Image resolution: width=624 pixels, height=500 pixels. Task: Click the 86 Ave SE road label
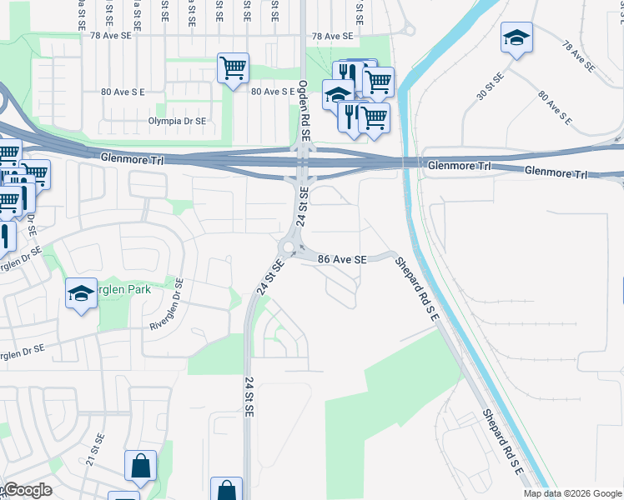click(342, 260)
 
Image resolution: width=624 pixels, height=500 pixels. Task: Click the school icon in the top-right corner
click(516, 37)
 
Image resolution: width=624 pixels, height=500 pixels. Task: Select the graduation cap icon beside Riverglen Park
click(82, 293)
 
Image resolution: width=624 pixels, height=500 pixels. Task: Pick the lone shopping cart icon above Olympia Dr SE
click(233, 68)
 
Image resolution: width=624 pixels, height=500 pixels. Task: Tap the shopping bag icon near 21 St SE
click(140, 466)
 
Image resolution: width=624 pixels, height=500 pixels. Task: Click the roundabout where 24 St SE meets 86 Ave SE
click(289, 247)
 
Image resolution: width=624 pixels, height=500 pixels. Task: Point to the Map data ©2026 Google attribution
click(571, 493)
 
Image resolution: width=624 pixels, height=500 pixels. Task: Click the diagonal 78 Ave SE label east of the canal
click(577, 55)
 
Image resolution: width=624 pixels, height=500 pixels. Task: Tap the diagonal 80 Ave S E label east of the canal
click(555, 108)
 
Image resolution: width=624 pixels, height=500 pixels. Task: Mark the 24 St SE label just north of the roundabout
click(304, 206)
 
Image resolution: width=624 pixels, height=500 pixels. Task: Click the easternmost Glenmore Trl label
click(556, 172)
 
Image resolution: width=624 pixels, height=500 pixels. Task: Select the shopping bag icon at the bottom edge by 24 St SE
click(226, 490)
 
